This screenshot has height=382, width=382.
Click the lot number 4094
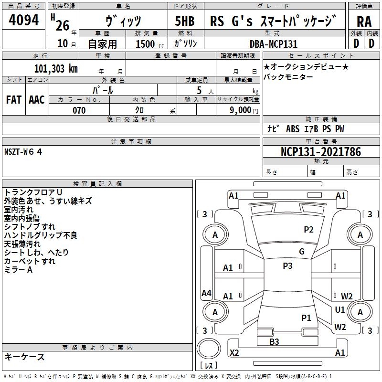(23, 20)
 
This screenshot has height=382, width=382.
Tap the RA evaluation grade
(364, 22)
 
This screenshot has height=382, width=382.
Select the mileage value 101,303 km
(56, 69)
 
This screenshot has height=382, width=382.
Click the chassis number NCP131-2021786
(321, 151)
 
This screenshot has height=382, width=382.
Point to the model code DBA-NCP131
(274, 44)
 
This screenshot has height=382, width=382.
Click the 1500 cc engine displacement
(150, 44)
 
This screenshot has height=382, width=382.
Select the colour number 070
(79, 110)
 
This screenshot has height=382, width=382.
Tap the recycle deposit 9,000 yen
(244, 110)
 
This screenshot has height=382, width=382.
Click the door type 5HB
(185, 21)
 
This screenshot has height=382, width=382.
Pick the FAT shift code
(14, 100)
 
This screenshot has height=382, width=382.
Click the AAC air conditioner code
(37, 100)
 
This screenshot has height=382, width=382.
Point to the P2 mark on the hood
(308, 230)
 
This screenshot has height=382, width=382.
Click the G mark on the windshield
(302, 251)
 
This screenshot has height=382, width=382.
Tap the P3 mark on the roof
(287, 266)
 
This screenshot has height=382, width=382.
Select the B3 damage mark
(274, 342)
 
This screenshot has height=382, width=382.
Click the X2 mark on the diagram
(234, 352)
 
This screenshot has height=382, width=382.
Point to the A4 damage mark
(206, 293)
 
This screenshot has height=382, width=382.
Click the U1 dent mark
(340, 310)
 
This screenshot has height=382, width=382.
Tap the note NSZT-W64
(23, 152)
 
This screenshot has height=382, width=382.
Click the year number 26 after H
(63, 25)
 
